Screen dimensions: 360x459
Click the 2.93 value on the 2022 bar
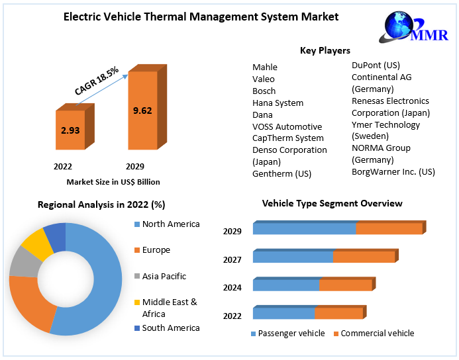[x=70, y=130]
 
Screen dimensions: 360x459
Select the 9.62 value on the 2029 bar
[x=142, y=111]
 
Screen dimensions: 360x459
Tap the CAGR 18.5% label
[x=97, y=81]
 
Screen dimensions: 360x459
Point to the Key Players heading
[x=325, y=50]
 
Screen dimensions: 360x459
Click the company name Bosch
[x=264, y=91]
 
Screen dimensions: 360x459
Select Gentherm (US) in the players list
[x=282, y=173]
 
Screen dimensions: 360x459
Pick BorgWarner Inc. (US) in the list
[x=393, y=171]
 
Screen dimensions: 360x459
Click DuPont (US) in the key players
[x=376, y=65]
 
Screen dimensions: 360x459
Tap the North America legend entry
[x=170, y=224]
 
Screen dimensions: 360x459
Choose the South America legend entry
[x=170, y=328]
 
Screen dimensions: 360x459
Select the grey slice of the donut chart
[x=23, y=262]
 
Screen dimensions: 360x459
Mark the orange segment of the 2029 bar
[x=389, y=229]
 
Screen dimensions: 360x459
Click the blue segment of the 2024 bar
[x=285, y=285]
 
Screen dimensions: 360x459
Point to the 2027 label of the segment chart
[x=232, y=259]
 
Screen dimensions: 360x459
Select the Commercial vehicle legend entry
[x=377, y=334]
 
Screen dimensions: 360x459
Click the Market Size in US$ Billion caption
[x=113, y=182]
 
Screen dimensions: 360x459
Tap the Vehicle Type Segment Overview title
[x=332, y=203]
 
